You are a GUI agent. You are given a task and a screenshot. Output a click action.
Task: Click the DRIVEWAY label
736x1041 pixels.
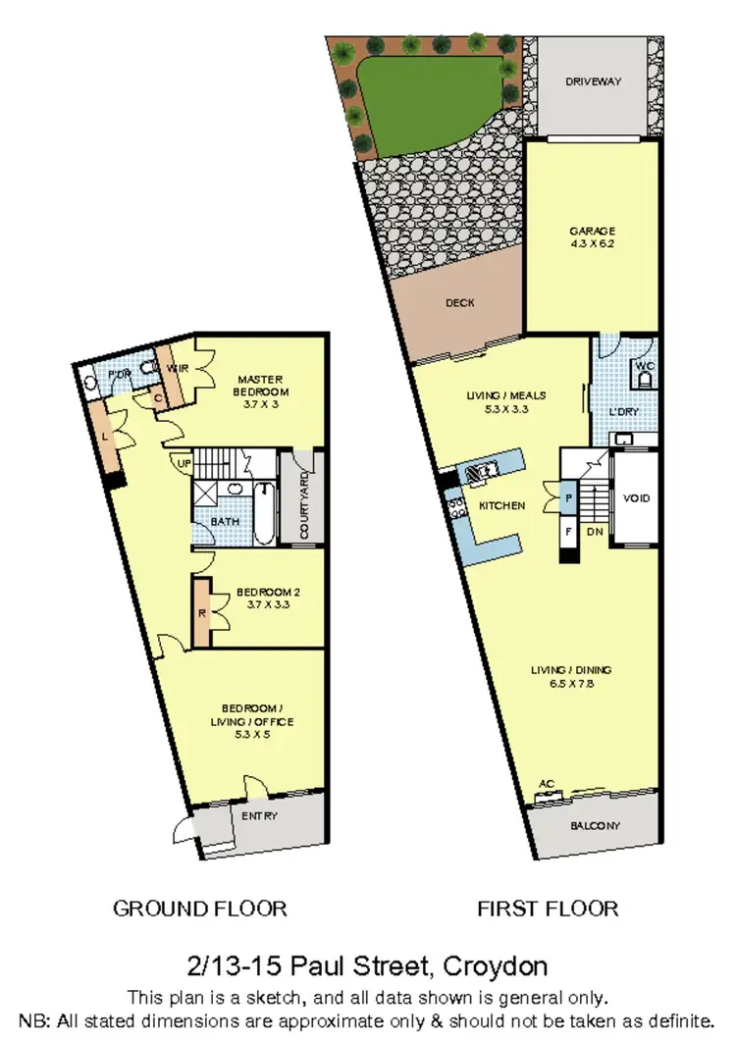(x=594, y=81)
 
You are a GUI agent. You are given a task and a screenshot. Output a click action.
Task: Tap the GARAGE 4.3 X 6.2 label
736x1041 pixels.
(x=592, y=238)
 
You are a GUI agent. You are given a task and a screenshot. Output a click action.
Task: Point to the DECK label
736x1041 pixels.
(x=460, y=303)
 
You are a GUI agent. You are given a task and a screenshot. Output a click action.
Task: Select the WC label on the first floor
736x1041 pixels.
(x=645, y=366)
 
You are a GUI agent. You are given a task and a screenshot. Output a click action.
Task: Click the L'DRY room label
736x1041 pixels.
(x=623, y=411)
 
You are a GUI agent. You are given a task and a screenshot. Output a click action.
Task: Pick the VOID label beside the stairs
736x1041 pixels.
(x=637, y=498)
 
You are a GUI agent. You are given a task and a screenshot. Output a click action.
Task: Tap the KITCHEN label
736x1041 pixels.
(x=502, y=506)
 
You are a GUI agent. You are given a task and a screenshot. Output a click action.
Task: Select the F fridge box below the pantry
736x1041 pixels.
(x=569, y=533)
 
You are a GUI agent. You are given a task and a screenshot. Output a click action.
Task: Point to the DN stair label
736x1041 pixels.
(x=594, y=533)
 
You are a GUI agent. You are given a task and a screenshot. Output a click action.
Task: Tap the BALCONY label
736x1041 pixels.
(x=595, y=826)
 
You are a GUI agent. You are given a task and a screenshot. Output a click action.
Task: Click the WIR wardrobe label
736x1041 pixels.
(x=178, y=368)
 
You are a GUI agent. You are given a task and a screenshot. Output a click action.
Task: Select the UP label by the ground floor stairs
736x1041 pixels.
(x=183, y=462)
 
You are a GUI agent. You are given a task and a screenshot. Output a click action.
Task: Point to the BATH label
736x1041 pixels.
(x=225, y=522)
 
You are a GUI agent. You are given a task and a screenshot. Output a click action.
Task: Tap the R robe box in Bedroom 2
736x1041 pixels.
(x=201, y=613)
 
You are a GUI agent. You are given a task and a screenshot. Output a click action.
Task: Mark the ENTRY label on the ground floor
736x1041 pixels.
(x=259, y=815)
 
